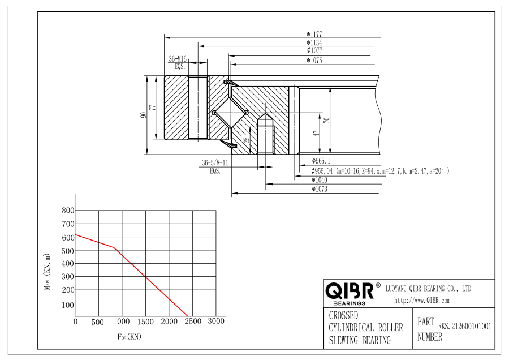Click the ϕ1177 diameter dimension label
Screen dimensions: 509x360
coord(314,34)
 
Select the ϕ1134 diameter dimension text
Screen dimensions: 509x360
coord(314,42)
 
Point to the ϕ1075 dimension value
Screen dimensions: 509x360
coord(314,61)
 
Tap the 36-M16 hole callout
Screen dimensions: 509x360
coord(178,59)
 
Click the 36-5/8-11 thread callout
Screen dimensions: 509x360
coord(215,162)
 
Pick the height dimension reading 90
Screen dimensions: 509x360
coord(143,115)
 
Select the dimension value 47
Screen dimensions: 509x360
coord(316,133)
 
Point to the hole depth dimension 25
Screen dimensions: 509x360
coord(247,140)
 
